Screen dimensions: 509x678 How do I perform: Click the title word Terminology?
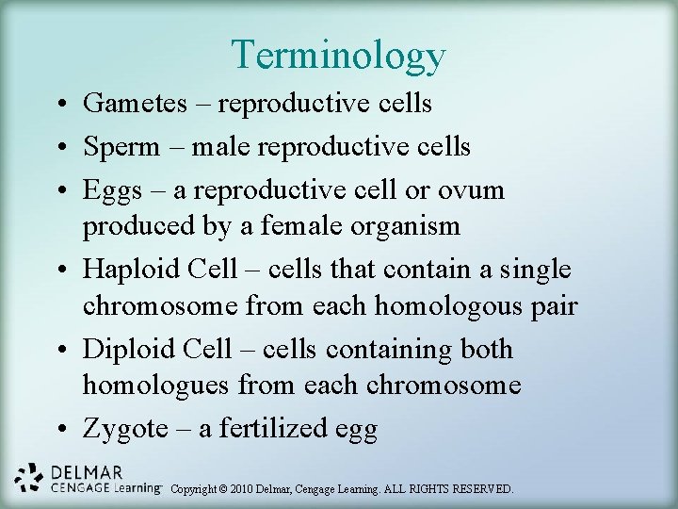pos(338,55)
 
